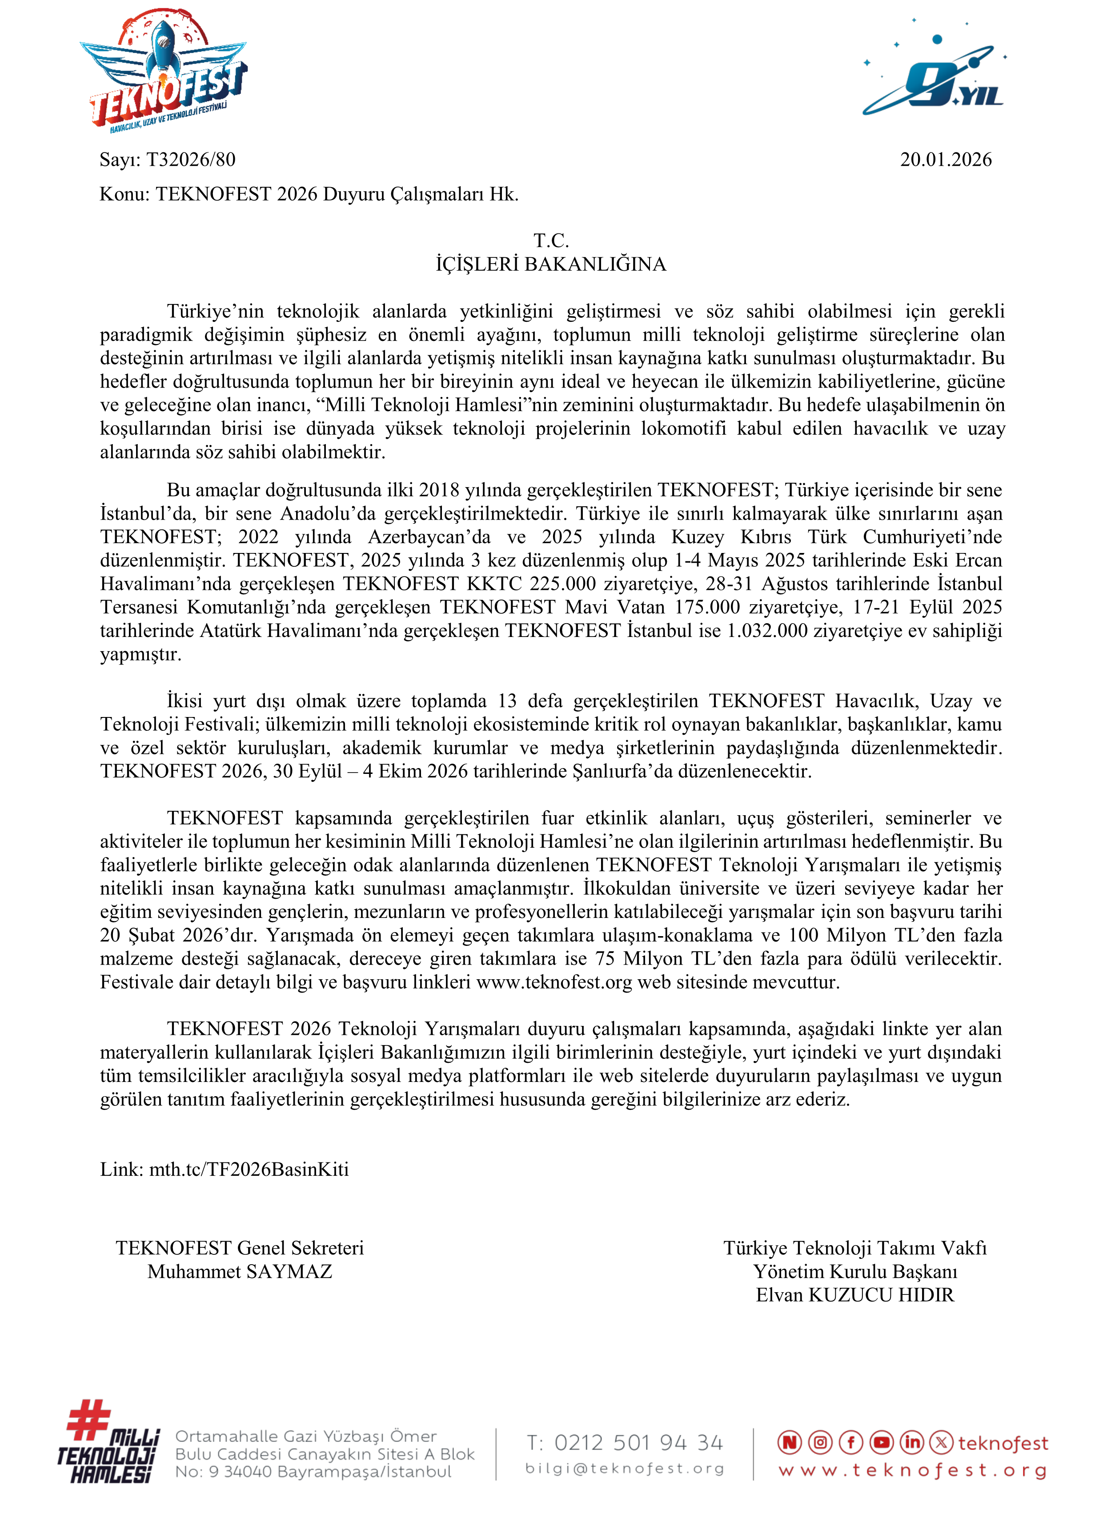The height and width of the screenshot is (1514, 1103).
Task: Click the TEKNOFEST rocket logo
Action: pos(164,70)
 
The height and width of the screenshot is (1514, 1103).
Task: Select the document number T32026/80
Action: pos(190,160)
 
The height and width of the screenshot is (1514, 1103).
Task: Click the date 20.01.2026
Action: pos(946,160)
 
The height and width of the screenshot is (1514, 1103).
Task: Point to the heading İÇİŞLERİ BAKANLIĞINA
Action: pos(551,264)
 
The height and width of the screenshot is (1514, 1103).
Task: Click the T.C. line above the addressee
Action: pos(551,240)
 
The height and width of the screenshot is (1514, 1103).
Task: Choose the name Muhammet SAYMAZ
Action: pos(240,1271)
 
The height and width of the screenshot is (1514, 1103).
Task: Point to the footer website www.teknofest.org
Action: pos(912,1470)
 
